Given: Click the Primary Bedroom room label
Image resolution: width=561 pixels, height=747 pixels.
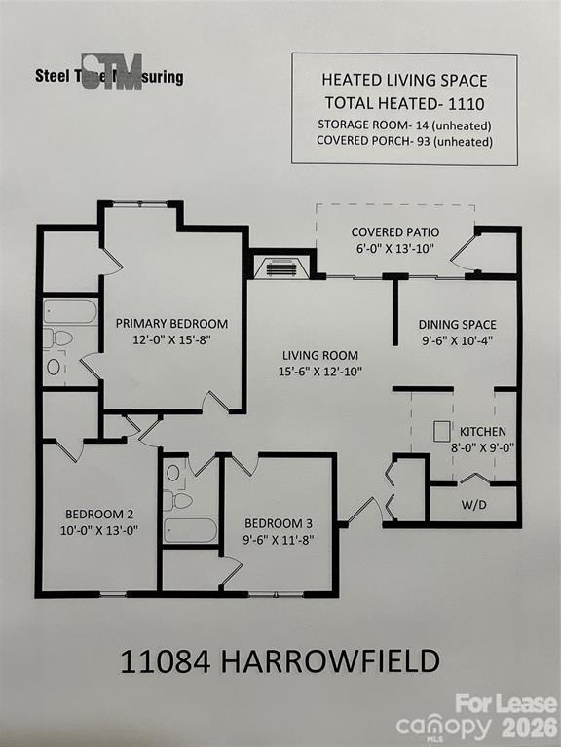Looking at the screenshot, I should [x=171, y=323].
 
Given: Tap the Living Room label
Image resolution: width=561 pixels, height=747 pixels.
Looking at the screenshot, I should [x=320, y=355].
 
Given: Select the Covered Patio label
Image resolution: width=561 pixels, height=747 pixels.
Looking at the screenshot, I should [x=395, y=232].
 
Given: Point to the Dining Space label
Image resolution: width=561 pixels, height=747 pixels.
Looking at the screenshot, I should [x=457, y=325].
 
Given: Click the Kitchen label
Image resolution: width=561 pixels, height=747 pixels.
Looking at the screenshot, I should [x=483, y=431].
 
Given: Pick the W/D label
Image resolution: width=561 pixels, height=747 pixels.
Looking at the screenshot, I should [x=474, y=505].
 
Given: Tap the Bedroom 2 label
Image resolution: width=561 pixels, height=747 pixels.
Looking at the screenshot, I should [x=99, y=515].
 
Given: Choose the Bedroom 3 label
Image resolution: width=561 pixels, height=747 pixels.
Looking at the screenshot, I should [x=279, y=520].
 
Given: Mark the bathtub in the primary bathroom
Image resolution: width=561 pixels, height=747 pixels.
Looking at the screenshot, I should [x=70, y=311].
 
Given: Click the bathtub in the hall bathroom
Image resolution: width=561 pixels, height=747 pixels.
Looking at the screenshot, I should [x=190, y=530].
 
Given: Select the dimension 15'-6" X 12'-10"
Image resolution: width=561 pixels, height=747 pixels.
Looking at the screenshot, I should [x=320, y=371].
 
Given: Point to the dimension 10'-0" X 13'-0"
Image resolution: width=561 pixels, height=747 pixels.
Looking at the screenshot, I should [x=99, y=531].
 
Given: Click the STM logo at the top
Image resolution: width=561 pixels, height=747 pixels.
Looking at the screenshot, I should [x=111, y=72].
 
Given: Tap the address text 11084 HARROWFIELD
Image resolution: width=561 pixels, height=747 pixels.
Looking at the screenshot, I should [x=280, y=662].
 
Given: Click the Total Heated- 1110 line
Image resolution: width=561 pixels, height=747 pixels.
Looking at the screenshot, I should [x=404, y=103].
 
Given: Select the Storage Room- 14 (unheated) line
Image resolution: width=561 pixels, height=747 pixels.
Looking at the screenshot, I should [x=404, y=124].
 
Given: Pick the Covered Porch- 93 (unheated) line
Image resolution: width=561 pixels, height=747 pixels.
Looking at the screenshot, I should [x=404, y=141].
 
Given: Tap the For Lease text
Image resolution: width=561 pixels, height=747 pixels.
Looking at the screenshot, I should [x=505, y=703].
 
